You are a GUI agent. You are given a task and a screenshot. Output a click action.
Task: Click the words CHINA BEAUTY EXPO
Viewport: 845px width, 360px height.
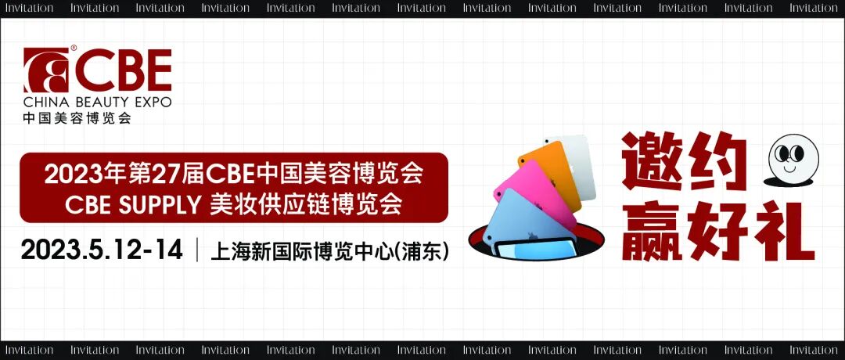pos(97,103)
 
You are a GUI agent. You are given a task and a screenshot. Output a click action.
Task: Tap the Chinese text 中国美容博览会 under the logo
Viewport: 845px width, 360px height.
pos(77,119)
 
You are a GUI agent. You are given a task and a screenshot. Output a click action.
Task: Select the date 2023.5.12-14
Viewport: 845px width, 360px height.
pos(102,250)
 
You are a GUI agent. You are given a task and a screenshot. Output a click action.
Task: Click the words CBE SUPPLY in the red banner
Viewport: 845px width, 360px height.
pos(132,204)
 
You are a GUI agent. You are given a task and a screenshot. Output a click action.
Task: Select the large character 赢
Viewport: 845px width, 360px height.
pos(653,231)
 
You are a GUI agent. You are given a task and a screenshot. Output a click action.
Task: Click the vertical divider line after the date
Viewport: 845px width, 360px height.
pos(196,250)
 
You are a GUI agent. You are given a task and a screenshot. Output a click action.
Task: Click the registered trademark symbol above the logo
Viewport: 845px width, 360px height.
pos(74,49)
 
